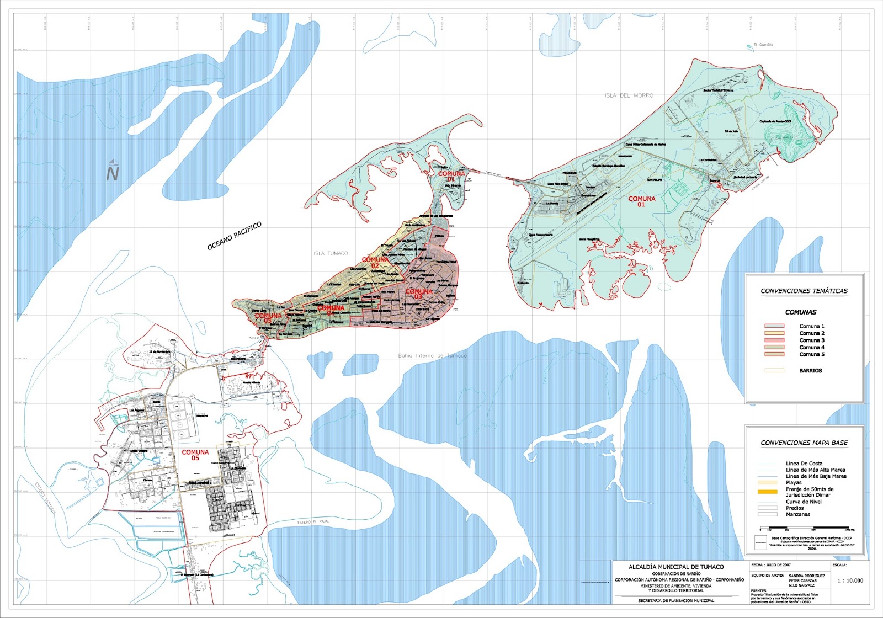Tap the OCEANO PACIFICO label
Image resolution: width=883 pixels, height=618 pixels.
pos(234,236)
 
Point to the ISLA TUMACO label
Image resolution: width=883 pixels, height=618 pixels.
pos(331,254)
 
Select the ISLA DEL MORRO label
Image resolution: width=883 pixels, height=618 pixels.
pos(629,95)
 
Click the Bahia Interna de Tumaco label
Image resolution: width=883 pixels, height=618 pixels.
pos(432,356)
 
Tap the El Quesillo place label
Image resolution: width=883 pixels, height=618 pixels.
pos(763,45)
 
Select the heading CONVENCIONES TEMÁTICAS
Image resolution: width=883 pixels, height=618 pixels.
pos(804,291)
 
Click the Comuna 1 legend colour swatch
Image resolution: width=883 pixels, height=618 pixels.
pos(774,326)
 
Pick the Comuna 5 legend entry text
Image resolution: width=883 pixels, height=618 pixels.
pos(812,355)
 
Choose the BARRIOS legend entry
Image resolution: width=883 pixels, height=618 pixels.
pos(810,371)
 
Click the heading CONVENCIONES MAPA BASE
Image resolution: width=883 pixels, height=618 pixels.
pos(804,443)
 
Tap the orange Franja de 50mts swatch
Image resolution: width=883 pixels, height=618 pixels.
pos(767,491)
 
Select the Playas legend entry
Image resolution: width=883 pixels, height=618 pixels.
pos(794,483)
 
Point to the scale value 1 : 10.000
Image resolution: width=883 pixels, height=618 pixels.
pos(850,580)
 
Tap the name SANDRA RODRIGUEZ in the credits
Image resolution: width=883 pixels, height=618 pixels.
pos(807,576)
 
